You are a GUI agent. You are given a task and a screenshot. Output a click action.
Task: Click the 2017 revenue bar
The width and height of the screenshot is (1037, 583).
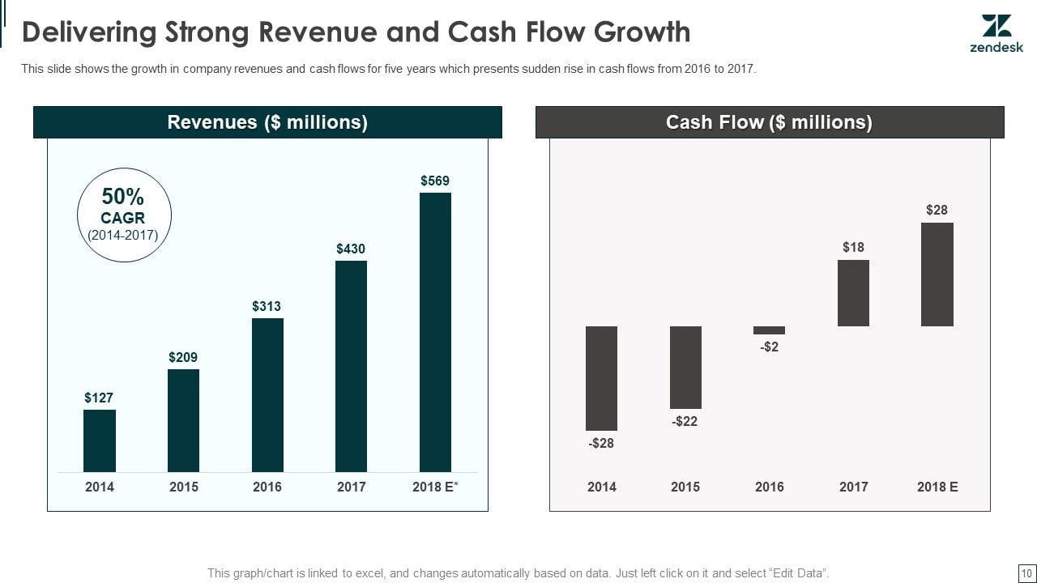[x=351, y=366]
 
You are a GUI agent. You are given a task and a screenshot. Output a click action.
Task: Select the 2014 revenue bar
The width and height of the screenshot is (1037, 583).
[x=100, y=440]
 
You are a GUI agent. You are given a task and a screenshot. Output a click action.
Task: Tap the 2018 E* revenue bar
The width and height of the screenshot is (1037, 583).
[x=435, y=332]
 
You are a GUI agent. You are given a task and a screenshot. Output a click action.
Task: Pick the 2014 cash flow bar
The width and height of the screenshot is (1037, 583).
[x=601, y=378]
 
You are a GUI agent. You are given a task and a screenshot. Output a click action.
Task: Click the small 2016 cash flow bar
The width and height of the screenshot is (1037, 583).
[x=769, y=330]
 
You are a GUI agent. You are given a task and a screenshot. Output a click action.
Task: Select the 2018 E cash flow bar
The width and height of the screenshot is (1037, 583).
[x=937, y=274]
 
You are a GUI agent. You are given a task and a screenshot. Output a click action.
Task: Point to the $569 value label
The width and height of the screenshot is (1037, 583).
[x=435, y=181]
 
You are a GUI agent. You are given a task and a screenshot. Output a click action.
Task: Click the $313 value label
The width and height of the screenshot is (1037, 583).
[x=267, y=306]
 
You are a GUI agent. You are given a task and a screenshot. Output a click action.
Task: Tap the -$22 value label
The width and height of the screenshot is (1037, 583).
[x=685, y=421]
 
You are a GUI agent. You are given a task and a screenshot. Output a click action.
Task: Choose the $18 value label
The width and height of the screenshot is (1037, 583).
[x=853, y=247]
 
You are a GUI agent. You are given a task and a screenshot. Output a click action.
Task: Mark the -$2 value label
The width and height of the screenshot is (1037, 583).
[x=769, y=347]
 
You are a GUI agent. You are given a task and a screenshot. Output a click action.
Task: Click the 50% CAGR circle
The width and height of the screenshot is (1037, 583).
[x=124, y=215]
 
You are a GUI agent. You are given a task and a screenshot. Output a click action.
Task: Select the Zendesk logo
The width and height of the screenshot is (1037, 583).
[x=996, y=34]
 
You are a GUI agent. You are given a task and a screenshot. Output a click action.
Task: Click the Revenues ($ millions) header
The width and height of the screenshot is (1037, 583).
[x=267, y=122]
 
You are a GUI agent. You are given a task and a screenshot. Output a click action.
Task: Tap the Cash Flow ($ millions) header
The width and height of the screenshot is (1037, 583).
[x=769, y=122]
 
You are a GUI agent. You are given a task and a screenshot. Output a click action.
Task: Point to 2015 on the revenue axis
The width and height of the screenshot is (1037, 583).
[x=183, y=487]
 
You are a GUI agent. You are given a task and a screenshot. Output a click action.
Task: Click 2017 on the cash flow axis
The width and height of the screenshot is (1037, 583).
[x=853, y=487]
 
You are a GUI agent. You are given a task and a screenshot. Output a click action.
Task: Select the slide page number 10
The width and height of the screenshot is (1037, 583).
[x=1025, y=573]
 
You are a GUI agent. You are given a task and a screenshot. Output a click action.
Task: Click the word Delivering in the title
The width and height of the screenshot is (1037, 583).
[x=88, y=32]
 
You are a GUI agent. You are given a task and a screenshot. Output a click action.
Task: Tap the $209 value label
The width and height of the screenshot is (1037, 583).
[x=183, y=357]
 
